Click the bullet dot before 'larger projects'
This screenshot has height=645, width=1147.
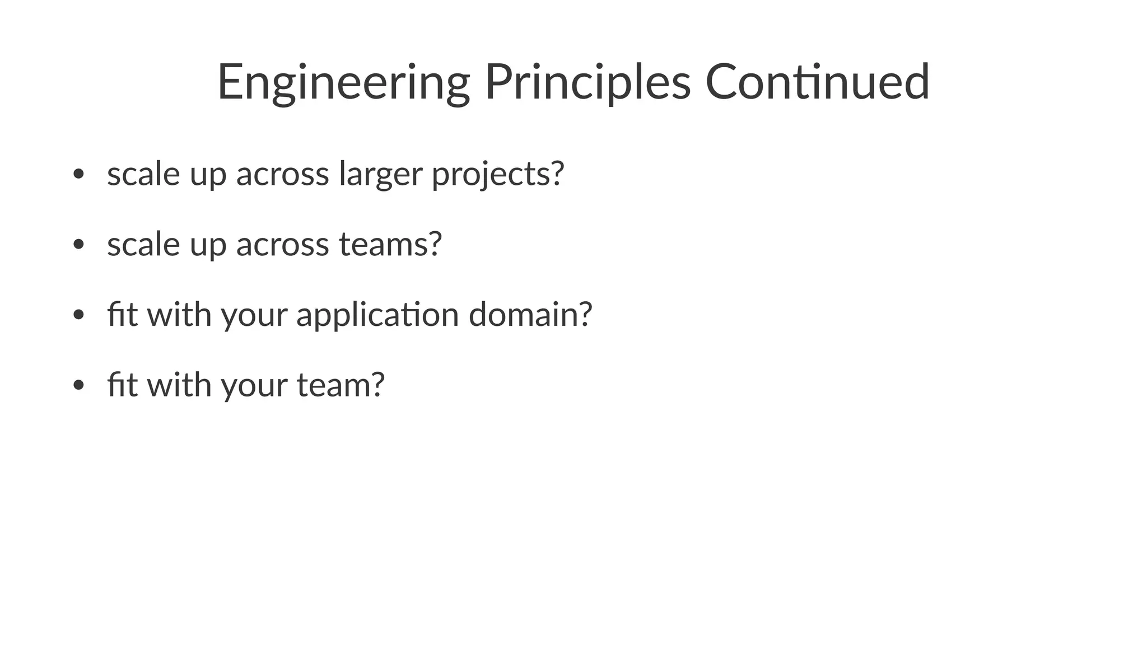coord(78,174)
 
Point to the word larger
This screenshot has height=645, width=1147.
coord(380,174)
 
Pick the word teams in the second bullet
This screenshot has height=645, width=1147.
coord(384,244)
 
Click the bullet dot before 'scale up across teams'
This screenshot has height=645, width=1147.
coord(78,245)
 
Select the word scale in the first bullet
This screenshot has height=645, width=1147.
coord(143,174)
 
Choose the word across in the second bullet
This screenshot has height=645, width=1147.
coord(282,245)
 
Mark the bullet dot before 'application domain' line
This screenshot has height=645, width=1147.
coord(78,315)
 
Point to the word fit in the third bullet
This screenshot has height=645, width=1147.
coord(122,314)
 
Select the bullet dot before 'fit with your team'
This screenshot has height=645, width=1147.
coord(78,386)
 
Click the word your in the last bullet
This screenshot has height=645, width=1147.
coord(254,386)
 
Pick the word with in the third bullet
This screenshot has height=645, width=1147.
coord(179,314)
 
